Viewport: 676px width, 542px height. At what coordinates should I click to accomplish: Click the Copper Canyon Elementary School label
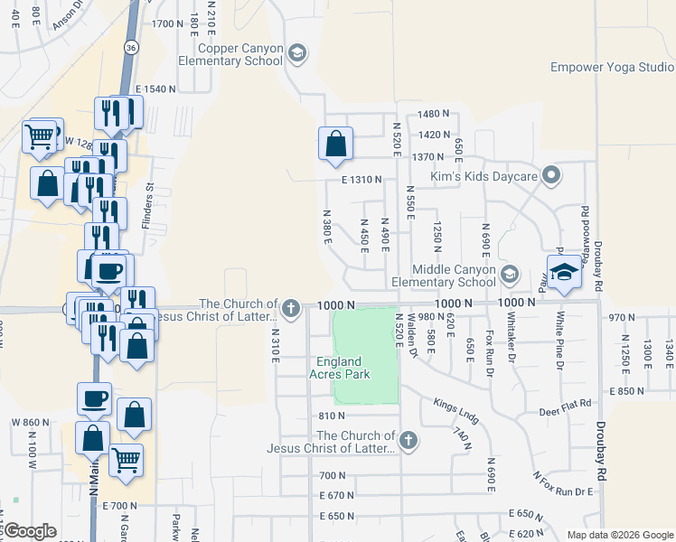(230, 54)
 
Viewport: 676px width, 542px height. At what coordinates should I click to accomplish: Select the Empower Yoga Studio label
(610, 67)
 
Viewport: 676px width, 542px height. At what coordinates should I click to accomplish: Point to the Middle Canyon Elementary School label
(454, 276)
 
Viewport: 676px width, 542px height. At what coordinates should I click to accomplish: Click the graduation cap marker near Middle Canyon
(563, 272)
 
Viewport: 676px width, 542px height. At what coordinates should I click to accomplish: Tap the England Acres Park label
(340, 368)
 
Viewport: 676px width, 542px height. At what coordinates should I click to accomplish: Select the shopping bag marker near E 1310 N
(335, 144)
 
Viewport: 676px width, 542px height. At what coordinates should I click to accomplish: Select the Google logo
(30, 531)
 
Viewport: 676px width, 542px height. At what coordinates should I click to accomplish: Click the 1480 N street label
(434, 114)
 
